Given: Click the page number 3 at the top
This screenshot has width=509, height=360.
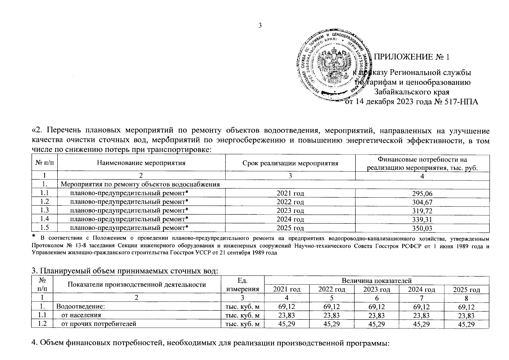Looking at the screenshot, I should tap(260, 25).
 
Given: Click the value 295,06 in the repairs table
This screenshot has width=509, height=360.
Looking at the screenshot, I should tap(422, 194).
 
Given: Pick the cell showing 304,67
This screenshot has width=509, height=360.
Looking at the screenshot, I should tap(422, 202).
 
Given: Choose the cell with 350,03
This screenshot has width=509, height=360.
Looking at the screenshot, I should tap(422, 229).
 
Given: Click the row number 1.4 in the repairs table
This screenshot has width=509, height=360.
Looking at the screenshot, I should tap(44, 219).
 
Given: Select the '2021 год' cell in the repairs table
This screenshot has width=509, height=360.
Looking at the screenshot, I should tap(290, 193).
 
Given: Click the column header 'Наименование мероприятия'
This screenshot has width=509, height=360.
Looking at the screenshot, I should tap(141, 163).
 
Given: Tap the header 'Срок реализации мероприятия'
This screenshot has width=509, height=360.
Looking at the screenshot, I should tap(290, 163).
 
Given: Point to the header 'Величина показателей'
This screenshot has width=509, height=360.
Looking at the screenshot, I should tap(376, 280).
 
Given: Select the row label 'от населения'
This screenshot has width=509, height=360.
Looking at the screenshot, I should tap(81, 315).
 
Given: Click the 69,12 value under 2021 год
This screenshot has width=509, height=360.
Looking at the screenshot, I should tap(287, 307).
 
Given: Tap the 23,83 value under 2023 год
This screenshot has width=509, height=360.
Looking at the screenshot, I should tap(376, 315).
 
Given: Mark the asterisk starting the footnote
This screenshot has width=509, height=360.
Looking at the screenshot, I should tap(34, 237).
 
